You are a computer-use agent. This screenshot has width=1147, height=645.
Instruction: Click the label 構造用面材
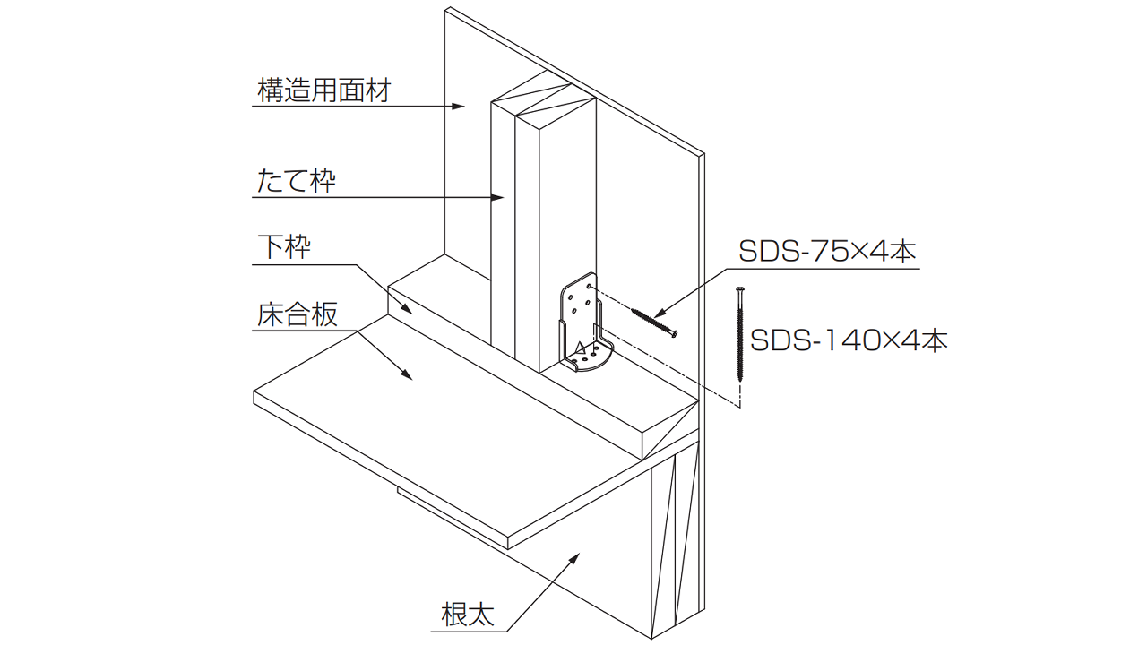(x=323, y=90)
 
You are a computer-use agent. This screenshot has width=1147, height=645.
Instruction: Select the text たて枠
(x=296, y=181)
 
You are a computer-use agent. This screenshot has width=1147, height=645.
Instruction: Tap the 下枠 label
(x=284, y=246)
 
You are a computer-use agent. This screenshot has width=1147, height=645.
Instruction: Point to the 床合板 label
(x=297, y=314)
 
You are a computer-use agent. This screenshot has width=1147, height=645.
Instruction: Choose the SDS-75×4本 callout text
(x=827, y=252)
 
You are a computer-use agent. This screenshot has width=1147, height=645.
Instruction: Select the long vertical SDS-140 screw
(x=740, y=336)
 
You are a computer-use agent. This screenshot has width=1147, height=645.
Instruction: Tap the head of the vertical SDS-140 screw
(x=740, y=289)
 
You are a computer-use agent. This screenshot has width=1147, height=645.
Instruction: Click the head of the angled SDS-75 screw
(x=675, y=333)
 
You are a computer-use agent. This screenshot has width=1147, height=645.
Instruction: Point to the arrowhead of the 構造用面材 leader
(x=460, y=107)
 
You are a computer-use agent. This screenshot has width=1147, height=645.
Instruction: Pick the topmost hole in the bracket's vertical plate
(x=588, y=288)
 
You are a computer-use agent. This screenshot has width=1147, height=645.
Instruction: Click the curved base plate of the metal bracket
(x=589, y=360)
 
